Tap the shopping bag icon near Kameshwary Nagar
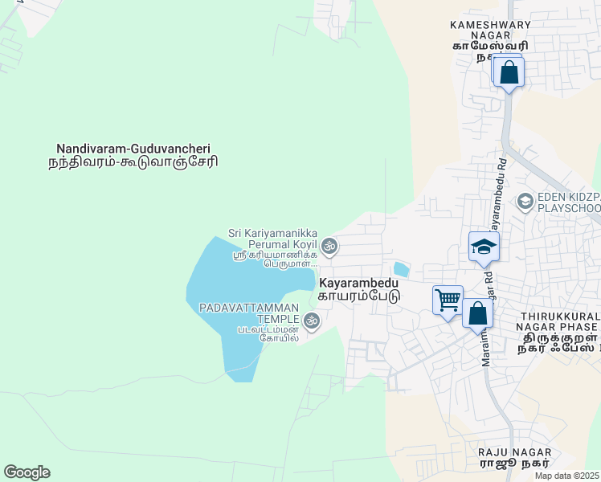pyautogui.click(x=509, y=72)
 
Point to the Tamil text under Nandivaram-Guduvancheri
pyautogui.click(x=133, y=161)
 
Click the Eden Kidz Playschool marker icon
pyautogui.click(x=525, y=201)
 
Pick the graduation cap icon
pyautogui.click(x=484, y=247)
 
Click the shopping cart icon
pyautogui.click(x=448, y=300)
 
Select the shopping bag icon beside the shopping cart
pyautogui.click(x=477, y=313)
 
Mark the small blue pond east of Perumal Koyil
pyautogui.click(x=400, y=269)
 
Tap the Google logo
pyautogui.click(x=27, y=472)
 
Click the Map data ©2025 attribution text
pyautogui.click(x=567, y=476)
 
